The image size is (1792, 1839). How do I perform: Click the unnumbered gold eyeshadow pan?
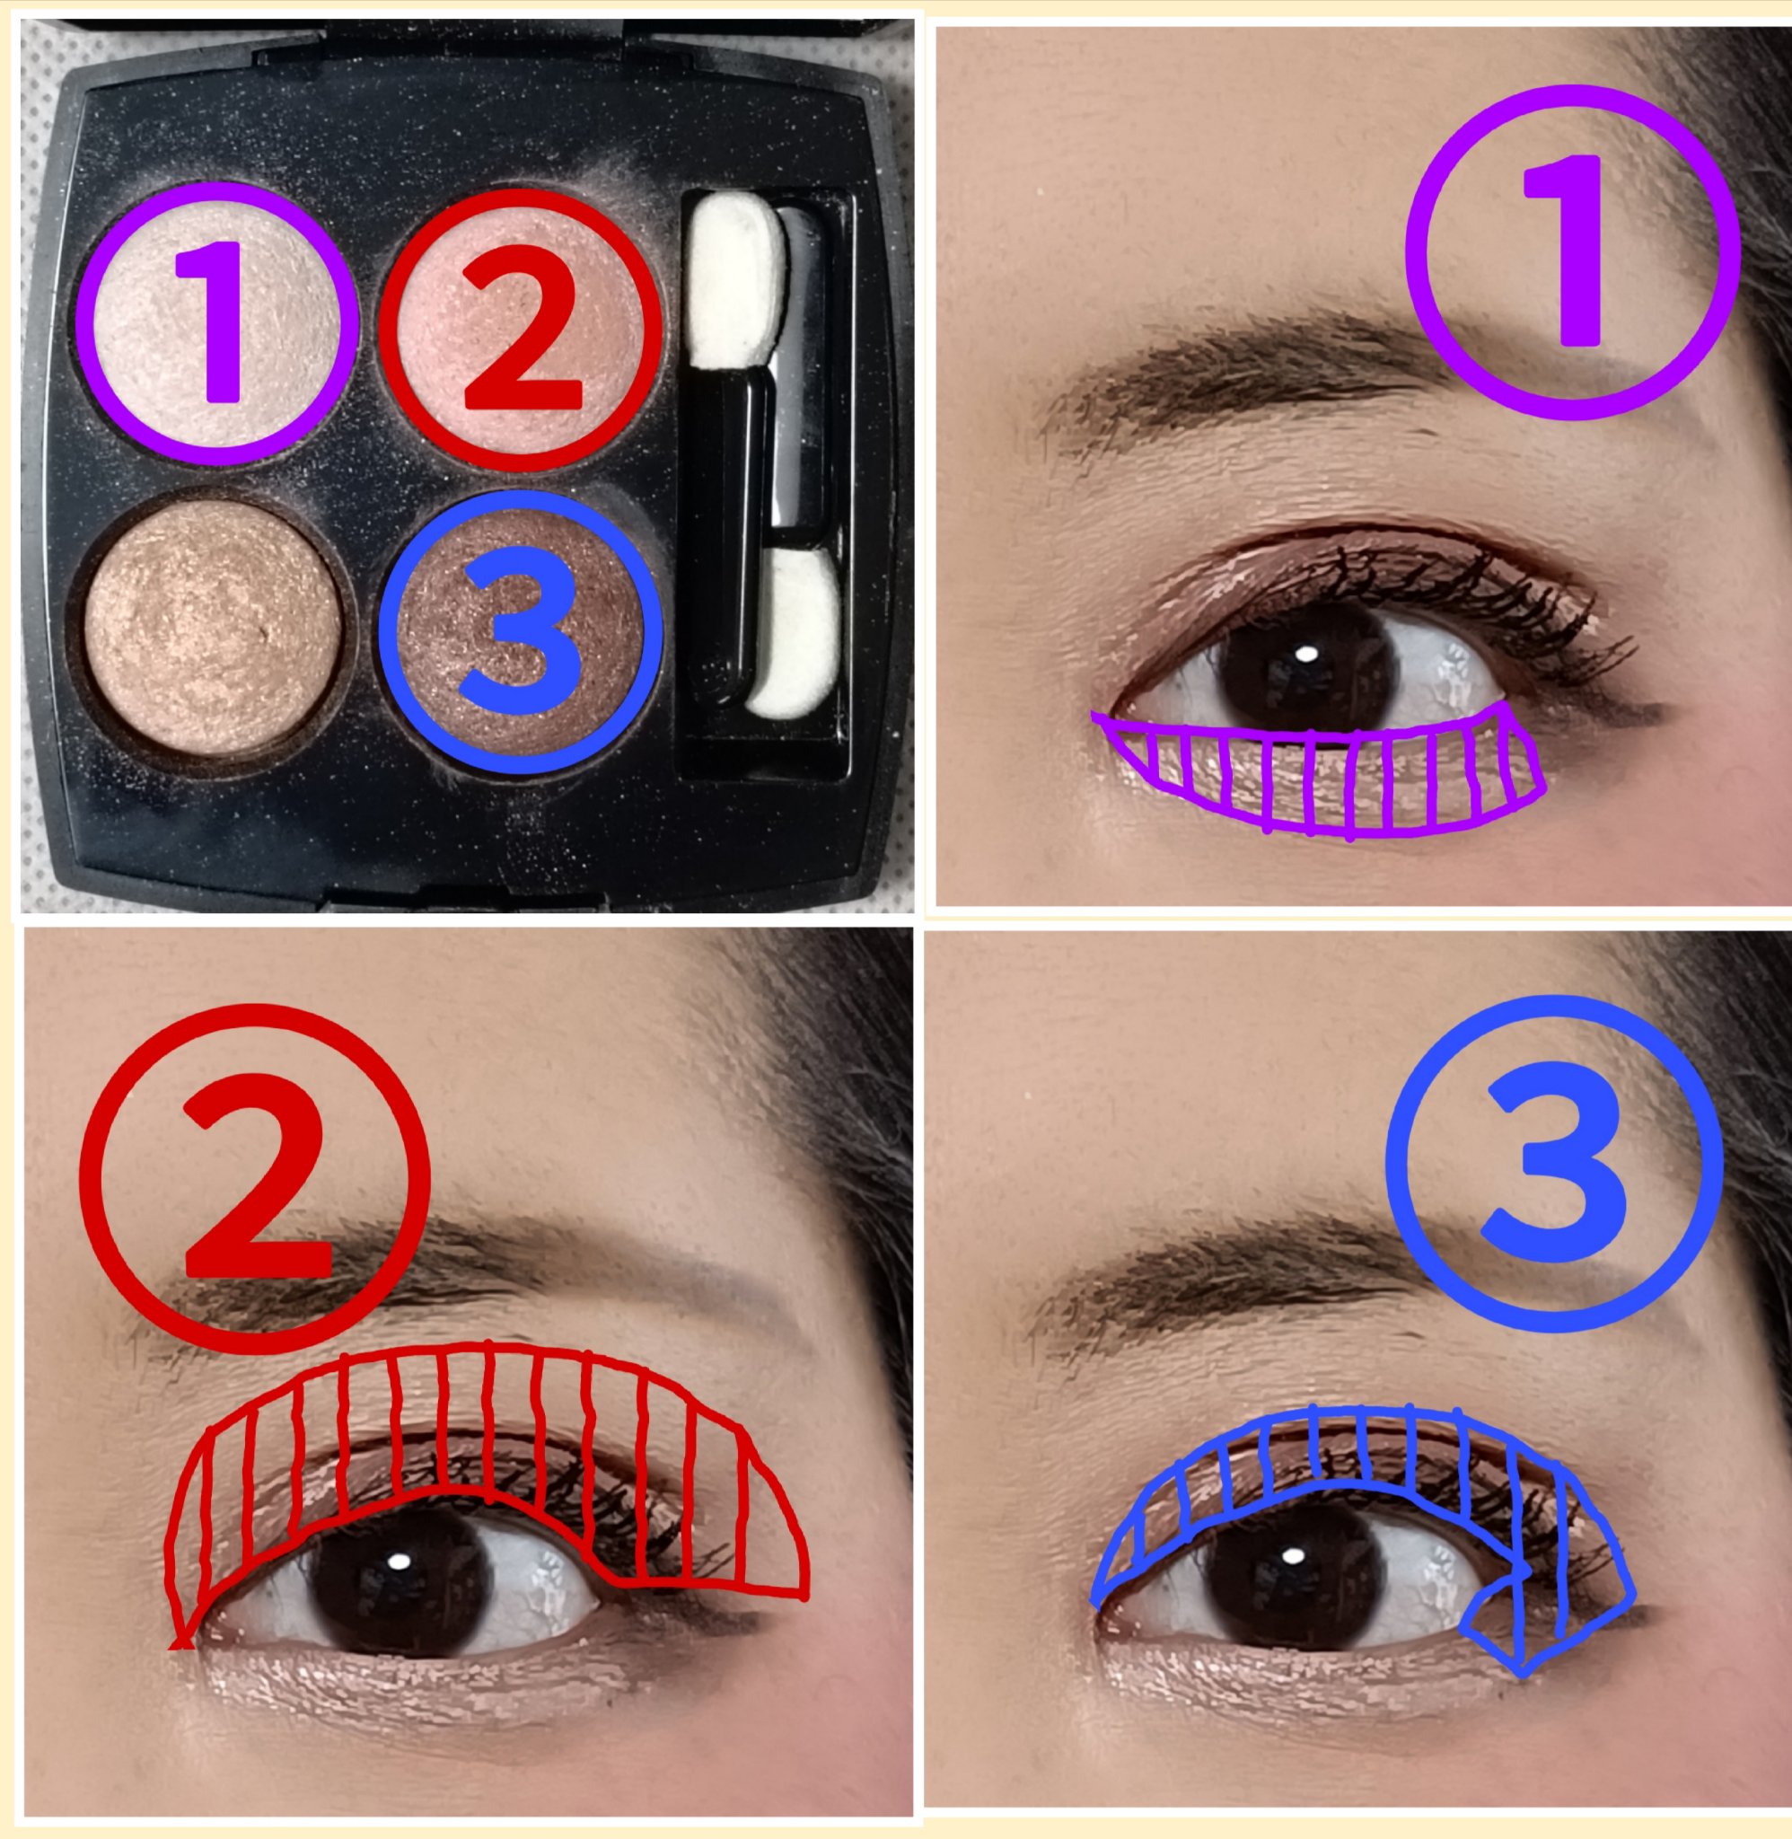point(215,627)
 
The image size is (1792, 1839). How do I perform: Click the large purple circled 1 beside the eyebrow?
point(1572,251)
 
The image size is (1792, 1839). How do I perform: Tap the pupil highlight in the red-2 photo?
point(400,1562)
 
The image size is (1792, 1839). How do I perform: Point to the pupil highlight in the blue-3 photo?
point(1294,1554)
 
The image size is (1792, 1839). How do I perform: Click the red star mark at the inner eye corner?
point(181,1642)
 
